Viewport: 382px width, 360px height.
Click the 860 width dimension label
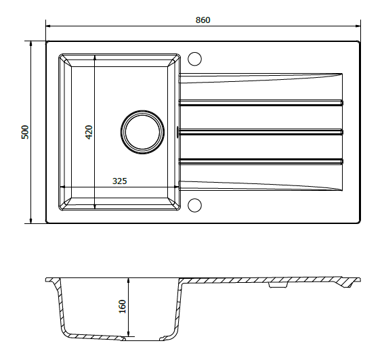(203, 20)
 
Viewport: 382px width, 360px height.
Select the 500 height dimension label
(25, 132)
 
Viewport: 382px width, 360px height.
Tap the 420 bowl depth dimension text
(88, 132)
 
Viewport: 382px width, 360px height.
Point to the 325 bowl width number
(119, 181)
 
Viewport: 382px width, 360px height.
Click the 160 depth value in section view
(122, 307)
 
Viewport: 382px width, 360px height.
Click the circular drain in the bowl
(142, 131)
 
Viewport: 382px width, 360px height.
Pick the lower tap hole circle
(195, 205)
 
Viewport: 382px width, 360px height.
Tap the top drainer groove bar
(261, 104)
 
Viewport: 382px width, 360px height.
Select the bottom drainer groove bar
(261, 160)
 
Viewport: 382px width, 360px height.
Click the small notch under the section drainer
(278, 286)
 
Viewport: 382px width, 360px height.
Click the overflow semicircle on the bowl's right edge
(177, 131)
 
